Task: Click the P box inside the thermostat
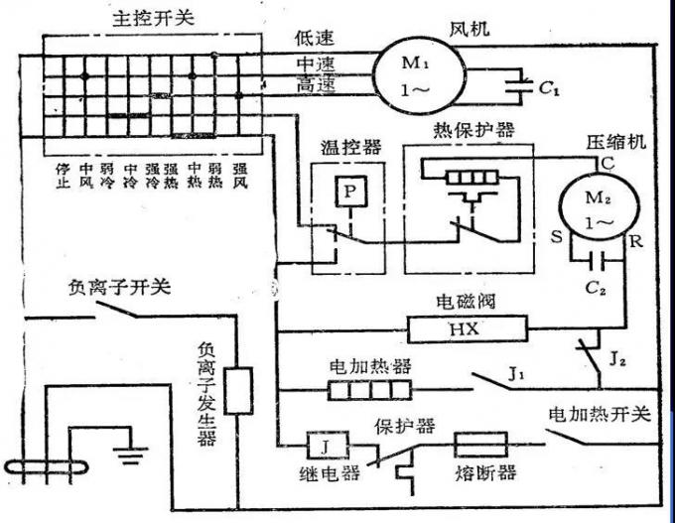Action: point(348,194)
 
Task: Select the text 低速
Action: point(315,38)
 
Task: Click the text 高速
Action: point(316,87)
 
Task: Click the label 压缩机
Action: point(616,142)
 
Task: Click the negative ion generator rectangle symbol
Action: point(238,389)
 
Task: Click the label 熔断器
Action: point(488,471)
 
